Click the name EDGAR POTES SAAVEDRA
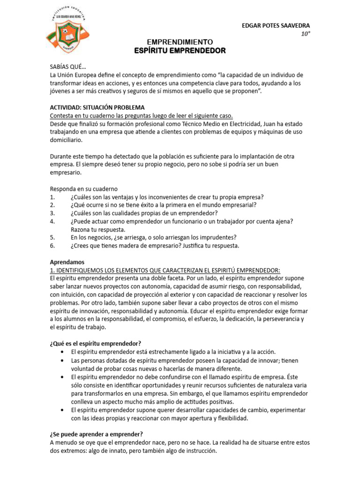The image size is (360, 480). click(275, 25)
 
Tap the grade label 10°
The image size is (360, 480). click(305, 34)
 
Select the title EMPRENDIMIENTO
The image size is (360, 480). click(180, 42)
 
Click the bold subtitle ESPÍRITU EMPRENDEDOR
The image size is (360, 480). click(180, 51)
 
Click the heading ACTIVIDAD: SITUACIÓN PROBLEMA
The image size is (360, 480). click(97, 107)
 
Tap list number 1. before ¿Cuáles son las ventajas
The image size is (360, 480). click(52, 197)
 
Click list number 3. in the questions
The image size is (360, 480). click(52, 213)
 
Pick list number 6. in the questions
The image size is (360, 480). click(52, 245)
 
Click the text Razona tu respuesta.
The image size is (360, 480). click(98, 229)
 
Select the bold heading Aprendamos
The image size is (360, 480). click(67, 262)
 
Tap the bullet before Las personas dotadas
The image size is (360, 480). click(63, 360)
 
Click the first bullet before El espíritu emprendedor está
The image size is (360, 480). click(63, 352)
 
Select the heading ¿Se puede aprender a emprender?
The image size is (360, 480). click(96, 434)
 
